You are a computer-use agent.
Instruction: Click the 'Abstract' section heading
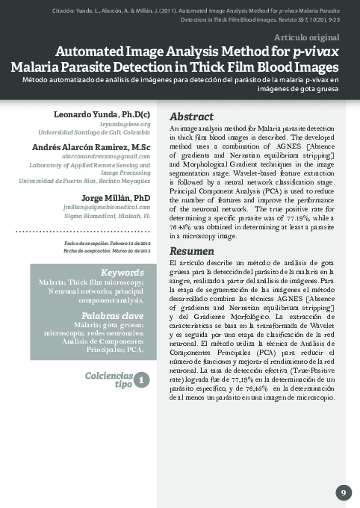[193, 117]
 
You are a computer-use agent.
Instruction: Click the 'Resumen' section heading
[192, 251]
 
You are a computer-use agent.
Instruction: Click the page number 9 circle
[343, 492]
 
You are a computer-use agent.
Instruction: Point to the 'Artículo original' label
[307, 36]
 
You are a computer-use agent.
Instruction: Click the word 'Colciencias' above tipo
[109, 375]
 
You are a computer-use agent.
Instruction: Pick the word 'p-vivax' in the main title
[314, 51]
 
